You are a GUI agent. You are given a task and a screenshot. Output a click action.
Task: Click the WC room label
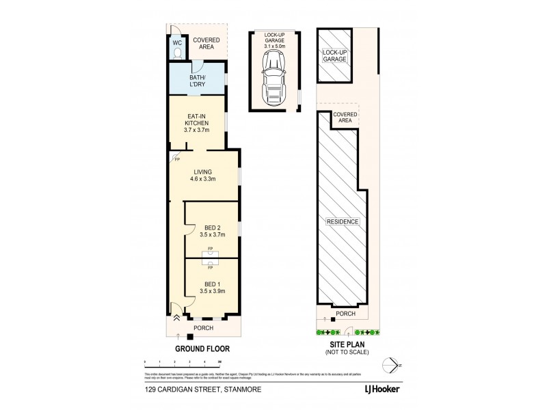tap(177, 42)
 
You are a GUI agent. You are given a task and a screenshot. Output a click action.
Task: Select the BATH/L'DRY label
tap(198, 81)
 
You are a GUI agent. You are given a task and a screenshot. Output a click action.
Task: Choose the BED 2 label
tap(212, 227)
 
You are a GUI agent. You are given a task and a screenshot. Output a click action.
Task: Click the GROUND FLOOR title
tap(202, 348)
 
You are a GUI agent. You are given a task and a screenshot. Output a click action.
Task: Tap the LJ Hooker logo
tap(382, 392)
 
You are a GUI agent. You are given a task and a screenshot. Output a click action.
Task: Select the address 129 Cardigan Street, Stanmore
tap(193, 392)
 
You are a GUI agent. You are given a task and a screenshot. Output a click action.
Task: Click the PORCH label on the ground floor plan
tap(203, 328)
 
